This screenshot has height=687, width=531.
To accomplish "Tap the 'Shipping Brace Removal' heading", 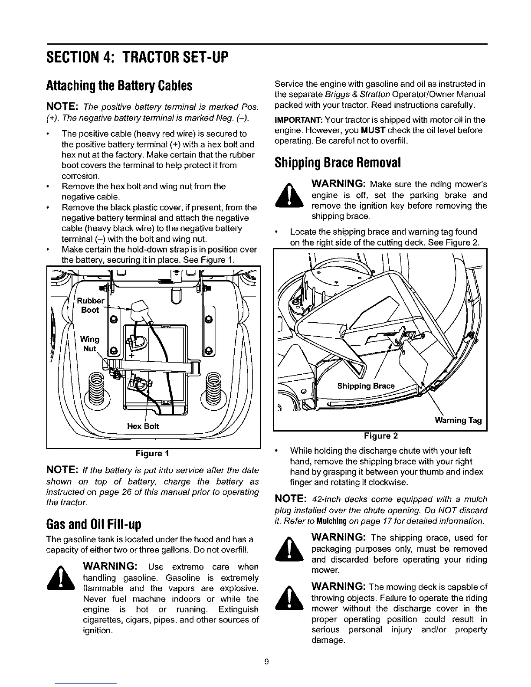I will coord(338,162).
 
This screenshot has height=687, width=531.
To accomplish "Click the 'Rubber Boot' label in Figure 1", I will coord(90,305).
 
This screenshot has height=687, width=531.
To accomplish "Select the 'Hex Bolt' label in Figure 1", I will coord(143,426).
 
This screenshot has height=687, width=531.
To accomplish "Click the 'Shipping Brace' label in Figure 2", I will coord(366,386).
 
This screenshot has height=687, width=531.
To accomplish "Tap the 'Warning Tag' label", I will coord(458,420).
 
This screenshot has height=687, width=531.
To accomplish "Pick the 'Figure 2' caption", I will coord(380,435).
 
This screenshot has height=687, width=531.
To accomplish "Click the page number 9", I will coord(266,662).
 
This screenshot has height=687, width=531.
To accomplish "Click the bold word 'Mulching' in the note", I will coord(332,521).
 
